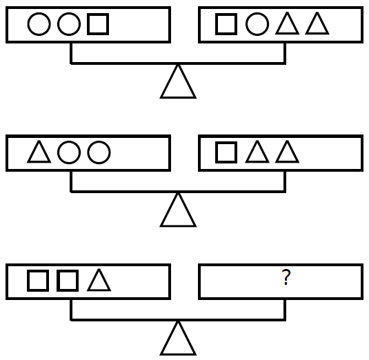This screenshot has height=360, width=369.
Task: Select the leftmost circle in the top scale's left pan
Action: [28, 24]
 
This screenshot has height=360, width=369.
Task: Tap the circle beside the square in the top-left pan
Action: [58, 24]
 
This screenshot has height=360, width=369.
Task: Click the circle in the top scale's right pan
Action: [246, 24]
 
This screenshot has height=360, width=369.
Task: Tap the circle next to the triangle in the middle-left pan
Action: [58, 152]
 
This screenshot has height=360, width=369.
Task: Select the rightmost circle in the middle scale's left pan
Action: [88, 152]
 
